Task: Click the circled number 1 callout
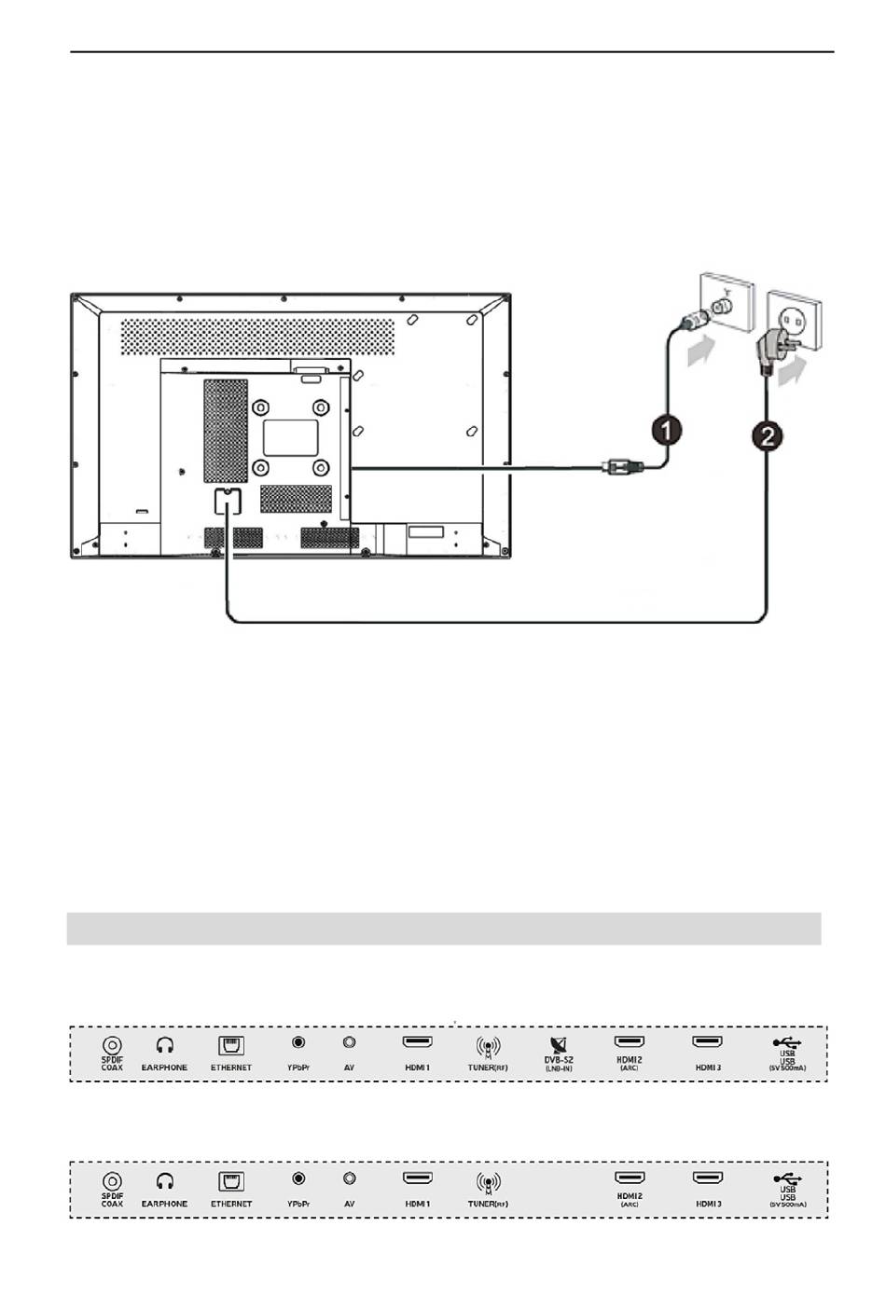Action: pyautogui.click(x=666, y=431)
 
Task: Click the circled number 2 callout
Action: pyautogui.click(x=767, y=436)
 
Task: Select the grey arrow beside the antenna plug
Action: pyautogui.click(x=701, y=352)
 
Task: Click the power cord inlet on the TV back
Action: pyautogui.click(x=225, y=501)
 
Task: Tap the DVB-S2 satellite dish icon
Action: pyautogui.click(x=559, y=1045)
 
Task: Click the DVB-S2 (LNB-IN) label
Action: pyautogui.click(x=559, y=1063)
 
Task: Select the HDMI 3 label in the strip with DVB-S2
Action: pyautogui.click(x=708, y=1068)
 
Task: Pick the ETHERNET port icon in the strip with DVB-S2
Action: pyautogui.click(x=230, y=1045)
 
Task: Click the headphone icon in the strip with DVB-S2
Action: pyautogui.click(x=165, y=1046)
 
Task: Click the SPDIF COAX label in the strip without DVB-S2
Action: pyautogui.click(x=112, y=1201)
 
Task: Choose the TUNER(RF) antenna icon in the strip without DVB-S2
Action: pyautogui.click(x=488, y=1181)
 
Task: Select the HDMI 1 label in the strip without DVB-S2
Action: pyautogui.click(x=418, y=1204)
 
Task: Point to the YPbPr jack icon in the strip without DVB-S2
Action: pyautogui.click(x=298, y=1179)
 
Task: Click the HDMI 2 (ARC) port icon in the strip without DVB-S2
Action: pyautogui.click(x=630, y=1178)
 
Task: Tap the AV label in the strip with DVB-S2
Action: pyautogui.click(x=350, y=1068)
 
